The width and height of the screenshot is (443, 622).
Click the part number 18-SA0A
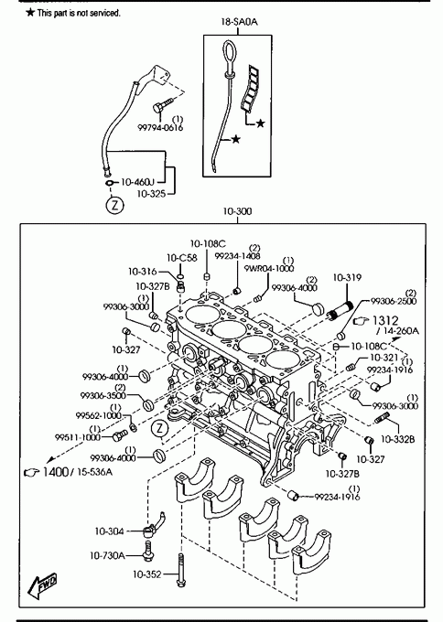239,22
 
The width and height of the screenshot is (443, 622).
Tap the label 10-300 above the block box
237,211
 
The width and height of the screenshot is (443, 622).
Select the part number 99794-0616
160,128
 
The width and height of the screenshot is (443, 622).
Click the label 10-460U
137,182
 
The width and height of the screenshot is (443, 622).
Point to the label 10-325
151,194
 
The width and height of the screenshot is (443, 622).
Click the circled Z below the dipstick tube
114,206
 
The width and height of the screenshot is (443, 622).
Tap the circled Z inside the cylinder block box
160,428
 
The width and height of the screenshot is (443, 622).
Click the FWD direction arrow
42,586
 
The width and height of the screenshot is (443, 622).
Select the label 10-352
146,574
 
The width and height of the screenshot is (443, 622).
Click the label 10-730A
107,556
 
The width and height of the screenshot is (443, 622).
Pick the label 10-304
109,531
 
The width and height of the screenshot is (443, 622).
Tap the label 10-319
347,278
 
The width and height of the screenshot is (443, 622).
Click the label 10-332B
398,439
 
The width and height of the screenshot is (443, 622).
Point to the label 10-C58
182,258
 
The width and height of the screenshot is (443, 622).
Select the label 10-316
142,272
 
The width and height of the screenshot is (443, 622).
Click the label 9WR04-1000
269,269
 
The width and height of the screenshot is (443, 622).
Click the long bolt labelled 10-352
181,570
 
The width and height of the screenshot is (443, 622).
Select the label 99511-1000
78,437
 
